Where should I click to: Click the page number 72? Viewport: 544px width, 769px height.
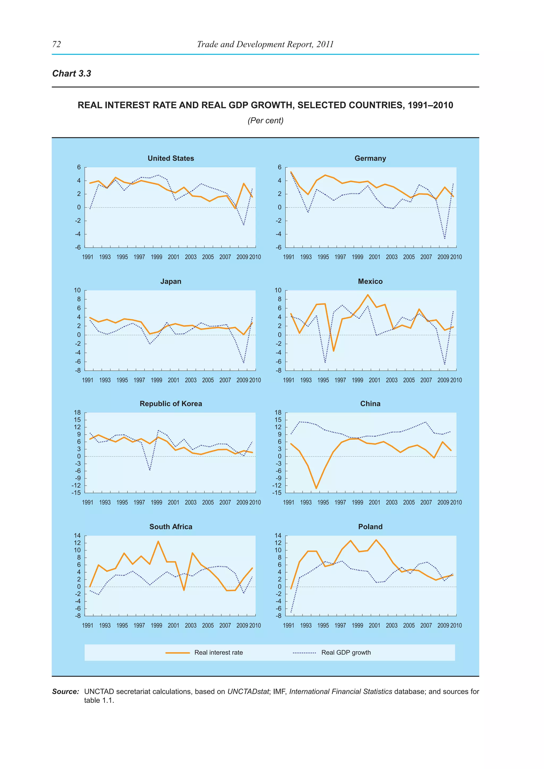point(57,44)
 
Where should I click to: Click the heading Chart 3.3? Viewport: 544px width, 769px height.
point(72,73)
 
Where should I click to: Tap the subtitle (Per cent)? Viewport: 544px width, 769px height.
point(265,121)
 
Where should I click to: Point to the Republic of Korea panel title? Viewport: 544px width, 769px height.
point(171,404)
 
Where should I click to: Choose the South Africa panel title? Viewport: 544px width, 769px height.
point(171,527)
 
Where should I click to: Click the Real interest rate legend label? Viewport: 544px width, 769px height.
point(218,652)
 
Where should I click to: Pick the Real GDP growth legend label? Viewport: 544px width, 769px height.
point(346,652)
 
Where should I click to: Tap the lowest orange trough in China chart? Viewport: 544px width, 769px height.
point(316,488)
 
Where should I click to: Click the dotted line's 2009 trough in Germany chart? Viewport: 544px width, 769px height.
point(444,238)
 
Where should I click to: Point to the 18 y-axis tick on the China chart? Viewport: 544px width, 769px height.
point(278,413)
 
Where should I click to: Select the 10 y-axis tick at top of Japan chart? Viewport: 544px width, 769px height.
point(77,290)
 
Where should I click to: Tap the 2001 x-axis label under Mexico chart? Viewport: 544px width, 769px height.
point(374,380)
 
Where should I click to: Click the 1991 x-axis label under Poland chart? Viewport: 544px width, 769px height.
point(288,625)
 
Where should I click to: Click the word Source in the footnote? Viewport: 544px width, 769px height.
point(65,692)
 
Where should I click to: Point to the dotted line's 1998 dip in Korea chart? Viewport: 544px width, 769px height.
point(150,470)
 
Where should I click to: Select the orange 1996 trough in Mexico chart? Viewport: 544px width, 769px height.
point(333,351)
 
